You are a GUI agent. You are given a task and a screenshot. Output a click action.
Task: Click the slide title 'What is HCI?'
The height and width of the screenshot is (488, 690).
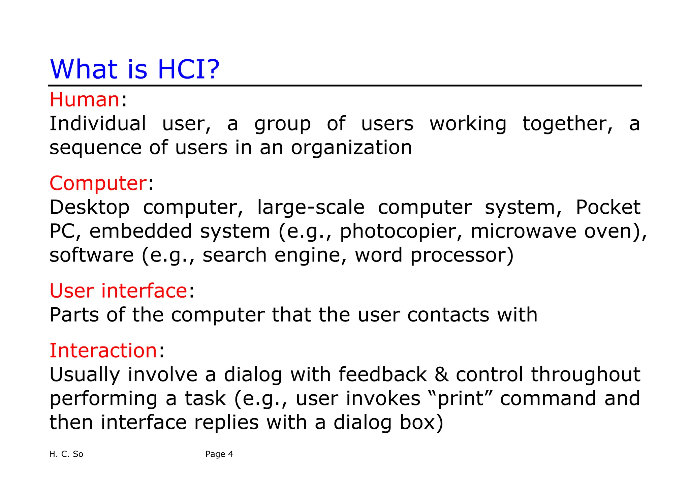134,69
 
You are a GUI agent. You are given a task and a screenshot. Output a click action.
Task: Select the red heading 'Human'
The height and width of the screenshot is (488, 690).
84,100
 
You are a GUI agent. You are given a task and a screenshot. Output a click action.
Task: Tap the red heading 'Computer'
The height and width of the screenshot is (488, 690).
98,183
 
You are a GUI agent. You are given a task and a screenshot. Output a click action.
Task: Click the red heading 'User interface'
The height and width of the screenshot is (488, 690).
118,291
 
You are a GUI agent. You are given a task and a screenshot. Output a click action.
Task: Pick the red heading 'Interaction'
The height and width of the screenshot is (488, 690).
103,350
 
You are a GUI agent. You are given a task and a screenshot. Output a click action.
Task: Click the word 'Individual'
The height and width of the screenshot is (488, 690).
98,124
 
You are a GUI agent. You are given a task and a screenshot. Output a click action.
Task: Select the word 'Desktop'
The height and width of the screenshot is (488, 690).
89,207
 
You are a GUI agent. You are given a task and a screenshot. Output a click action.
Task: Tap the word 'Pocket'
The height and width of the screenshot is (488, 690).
607,207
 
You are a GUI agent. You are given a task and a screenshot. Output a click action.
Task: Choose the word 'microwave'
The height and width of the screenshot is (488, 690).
524,231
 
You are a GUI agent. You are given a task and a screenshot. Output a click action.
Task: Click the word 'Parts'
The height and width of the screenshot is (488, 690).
74,315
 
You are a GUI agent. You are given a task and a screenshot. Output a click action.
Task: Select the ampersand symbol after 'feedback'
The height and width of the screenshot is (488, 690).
441,375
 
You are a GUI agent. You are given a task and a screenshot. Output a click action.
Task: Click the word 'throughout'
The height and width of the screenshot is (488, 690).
586,375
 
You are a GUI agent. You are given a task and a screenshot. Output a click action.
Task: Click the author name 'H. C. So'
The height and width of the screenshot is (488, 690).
66,454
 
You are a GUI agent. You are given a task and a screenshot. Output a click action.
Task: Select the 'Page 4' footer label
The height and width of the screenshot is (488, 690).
219,454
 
